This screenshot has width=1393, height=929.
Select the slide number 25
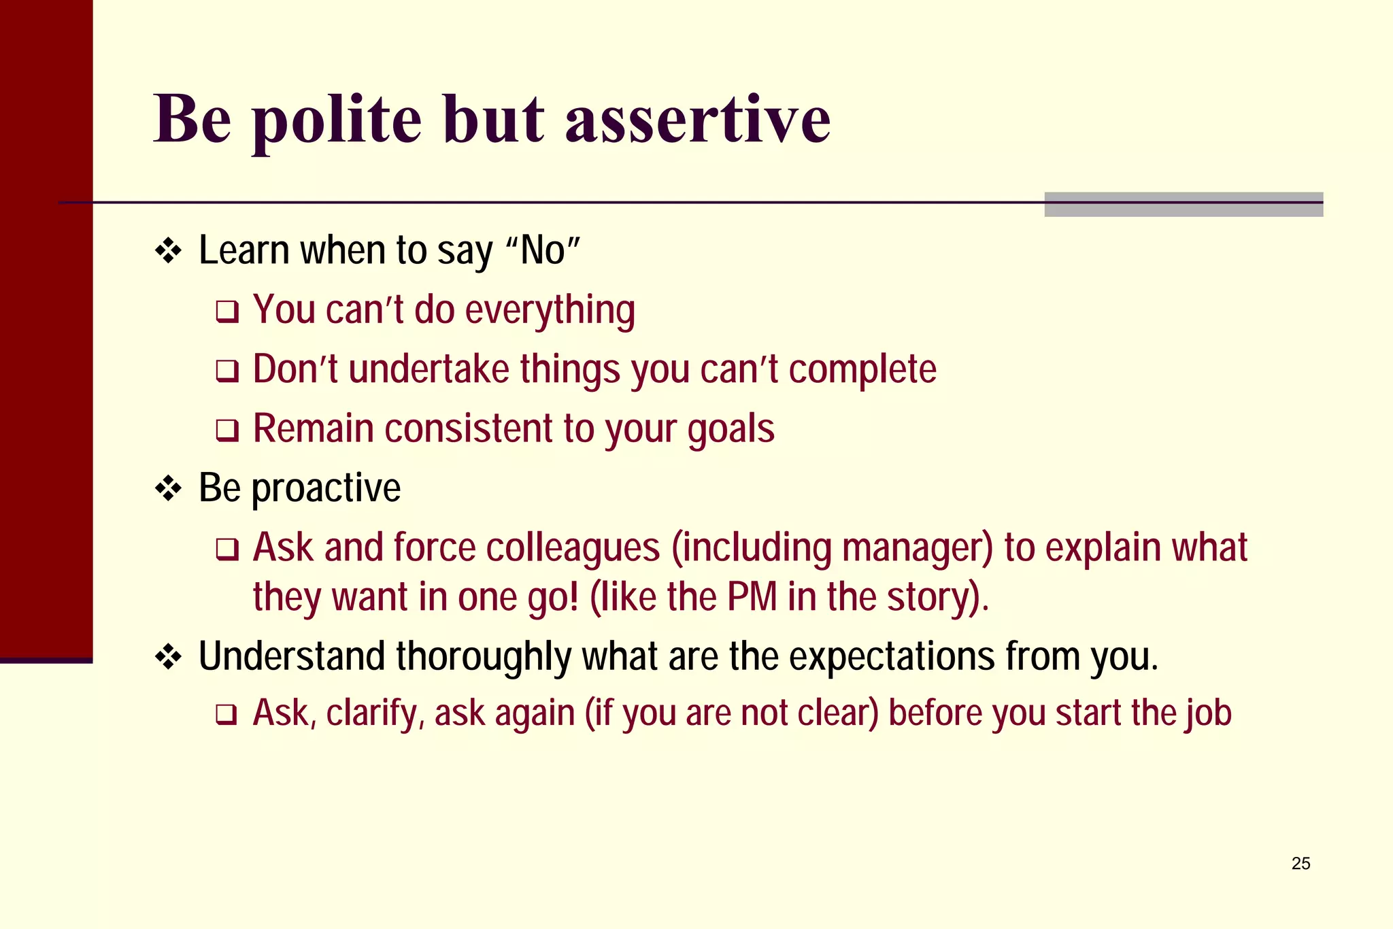click(1300, 863)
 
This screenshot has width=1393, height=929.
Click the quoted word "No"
click(543, 250)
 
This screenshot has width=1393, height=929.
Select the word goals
click(731, 430)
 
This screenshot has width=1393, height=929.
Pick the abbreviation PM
click(752, 597)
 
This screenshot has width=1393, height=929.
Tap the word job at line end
click(1211, 713)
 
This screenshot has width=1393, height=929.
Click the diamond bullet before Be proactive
click(168, 488)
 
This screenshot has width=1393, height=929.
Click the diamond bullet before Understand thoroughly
click(168, 657)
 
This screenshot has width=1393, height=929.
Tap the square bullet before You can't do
click(227, 312)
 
